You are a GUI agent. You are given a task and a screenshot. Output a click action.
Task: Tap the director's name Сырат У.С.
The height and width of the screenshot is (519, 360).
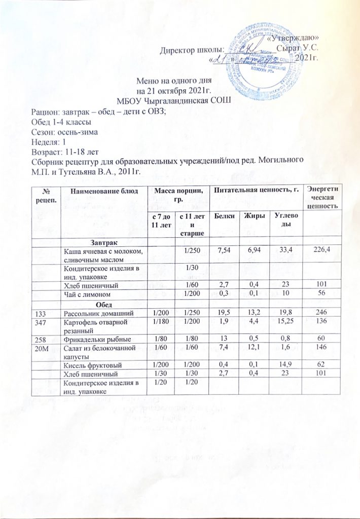point(299,49)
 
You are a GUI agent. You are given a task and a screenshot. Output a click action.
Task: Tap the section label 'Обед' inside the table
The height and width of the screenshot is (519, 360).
point(104,304)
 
